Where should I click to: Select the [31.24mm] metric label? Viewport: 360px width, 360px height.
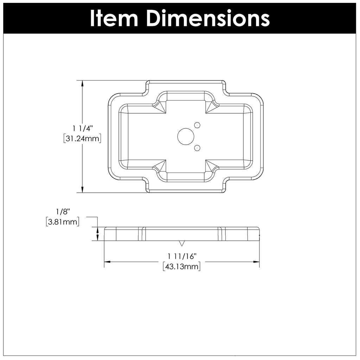pos(83,139)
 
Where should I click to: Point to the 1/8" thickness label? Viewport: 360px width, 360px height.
pos(63,212)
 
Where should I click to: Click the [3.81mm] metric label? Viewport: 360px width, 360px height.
pos(63,221)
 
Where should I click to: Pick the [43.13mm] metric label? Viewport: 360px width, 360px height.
pos(182,266)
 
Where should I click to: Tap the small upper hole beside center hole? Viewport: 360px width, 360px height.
pos(197,125)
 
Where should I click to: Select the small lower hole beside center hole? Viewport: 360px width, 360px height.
pos(197,148)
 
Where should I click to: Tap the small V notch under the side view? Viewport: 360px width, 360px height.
pos(182,243)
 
